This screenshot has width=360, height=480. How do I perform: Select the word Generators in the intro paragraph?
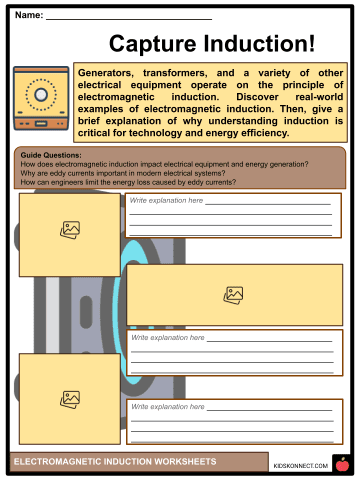coord(111,75)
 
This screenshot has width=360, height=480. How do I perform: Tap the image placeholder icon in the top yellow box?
coord(70,229)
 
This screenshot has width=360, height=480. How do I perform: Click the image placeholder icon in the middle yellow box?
coord(233,295)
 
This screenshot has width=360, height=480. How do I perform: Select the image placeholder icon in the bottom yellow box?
coord(70,399)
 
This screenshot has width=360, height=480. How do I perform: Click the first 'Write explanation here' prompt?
coord(166,201)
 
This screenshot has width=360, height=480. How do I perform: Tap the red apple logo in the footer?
coord(341,463)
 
